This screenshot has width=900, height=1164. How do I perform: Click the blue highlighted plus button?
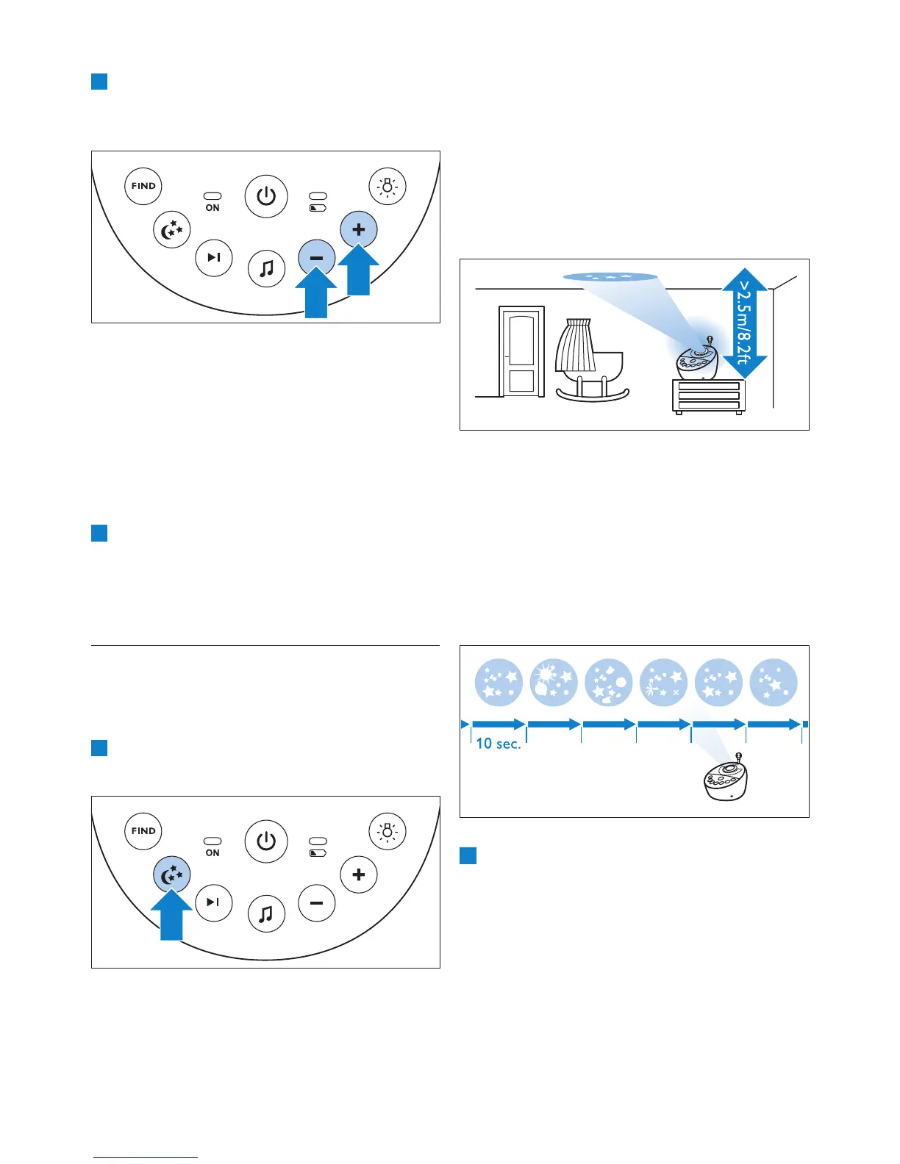pos(359,229)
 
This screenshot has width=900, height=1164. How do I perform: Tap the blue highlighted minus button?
pos(317,258)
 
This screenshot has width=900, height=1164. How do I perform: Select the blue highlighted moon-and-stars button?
pos(172,874)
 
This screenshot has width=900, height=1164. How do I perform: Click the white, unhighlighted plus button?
pos(359,874)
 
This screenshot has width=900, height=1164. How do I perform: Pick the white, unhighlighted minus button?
pos(317,903)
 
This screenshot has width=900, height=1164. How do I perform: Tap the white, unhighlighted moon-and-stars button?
pos(172,229)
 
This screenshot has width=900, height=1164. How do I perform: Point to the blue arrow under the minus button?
pos(316,294)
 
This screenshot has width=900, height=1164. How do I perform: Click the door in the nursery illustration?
pos(521,352)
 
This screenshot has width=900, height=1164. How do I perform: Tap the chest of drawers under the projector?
pos(709,397)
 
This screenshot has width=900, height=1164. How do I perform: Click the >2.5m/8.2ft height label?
pos(744,323)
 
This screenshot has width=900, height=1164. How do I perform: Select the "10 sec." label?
pos(498,744)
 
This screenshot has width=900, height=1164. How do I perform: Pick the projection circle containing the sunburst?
pos(554,682)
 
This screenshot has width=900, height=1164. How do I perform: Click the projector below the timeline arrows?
pos(725,779)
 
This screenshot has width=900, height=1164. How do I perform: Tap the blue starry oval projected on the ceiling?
pos(610,277)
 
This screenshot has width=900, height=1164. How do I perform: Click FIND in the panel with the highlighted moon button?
pos(143,831)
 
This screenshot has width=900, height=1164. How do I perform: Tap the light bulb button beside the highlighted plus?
pos(387,187)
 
